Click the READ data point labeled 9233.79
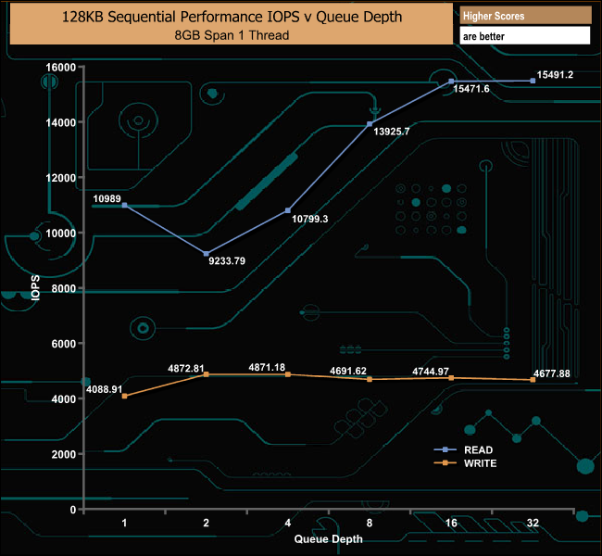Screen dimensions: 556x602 (x=207, y=253)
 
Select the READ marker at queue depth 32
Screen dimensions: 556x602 (x=533, y=81)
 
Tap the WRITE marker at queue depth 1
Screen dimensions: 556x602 (x=124, y=396)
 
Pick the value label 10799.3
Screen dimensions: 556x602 (x=310, y=219)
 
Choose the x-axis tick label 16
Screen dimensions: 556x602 (x=451, y=524)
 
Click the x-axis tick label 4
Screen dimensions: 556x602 (x=288, y=524)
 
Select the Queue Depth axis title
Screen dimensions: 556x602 (x=328, y=538)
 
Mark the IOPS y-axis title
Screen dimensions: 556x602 (x=35, y=288)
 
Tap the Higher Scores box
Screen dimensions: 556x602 (x=525, y=16)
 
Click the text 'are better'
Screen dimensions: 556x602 (x=525, y=36)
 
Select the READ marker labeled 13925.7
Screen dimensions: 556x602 (x=370, y=123)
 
